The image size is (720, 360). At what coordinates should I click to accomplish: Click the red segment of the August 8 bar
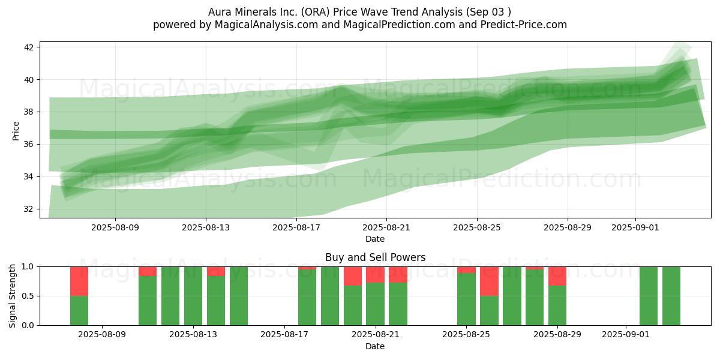point(79,281)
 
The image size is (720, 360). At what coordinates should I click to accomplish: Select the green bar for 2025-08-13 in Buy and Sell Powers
point(193,296)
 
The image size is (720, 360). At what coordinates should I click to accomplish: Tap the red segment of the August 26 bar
point(489,281)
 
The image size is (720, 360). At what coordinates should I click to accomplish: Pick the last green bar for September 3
point(671,296)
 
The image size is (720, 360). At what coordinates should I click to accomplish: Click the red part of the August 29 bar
point(557,276)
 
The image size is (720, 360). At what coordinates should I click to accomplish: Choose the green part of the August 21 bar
point(375,304)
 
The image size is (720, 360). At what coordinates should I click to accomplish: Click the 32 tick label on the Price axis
point(28,209)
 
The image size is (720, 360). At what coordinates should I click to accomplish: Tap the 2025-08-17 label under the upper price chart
point(296,227)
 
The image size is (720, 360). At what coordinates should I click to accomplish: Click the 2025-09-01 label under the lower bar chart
point(626,334)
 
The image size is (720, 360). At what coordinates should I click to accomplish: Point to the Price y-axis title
point(16,131)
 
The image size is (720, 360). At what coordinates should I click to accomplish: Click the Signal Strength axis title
point(12,296)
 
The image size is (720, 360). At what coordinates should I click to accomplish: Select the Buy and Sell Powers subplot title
point(376,257)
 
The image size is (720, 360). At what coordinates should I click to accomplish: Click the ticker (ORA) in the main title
point(311,12)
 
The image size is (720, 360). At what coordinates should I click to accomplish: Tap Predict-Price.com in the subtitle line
point(524,25)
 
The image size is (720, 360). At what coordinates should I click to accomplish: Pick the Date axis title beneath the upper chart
point(375,239)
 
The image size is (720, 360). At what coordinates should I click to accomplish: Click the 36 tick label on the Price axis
point(28,145)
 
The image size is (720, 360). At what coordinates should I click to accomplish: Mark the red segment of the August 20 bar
point(353,276)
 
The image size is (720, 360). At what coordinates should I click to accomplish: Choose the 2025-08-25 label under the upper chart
point(477,227)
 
